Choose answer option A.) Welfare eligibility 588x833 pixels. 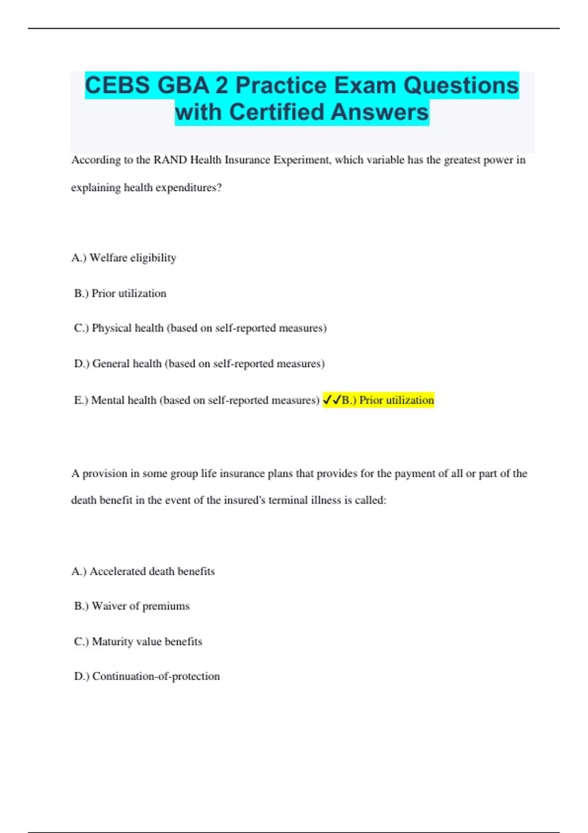124,258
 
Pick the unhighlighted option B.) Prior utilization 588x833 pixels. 120,294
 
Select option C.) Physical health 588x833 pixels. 200,328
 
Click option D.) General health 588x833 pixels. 199,364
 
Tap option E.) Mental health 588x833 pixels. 196,400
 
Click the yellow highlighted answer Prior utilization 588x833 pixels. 388,400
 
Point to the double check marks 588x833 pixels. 332,400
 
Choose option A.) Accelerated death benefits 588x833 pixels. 143,571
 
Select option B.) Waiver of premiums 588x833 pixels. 131,606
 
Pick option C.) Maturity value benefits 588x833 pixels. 138,641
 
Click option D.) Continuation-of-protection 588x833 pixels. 147,676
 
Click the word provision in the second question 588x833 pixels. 105,474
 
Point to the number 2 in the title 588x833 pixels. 222,86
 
